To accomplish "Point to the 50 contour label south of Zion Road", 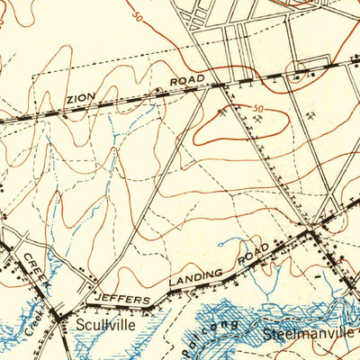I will [259, 109].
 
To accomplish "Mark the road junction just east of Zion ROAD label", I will [221, 86].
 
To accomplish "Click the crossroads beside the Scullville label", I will [60, 315].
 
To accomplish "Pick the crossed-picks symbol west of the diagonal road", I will [221, 113].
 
